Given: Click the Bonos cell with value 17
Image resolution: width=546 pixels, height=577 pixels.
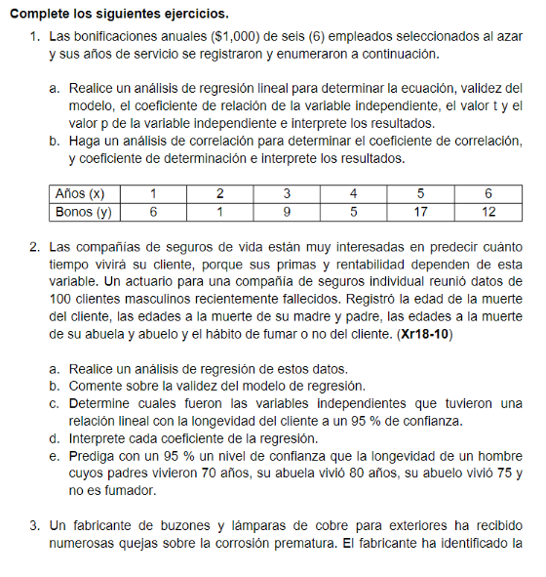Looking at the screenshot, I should [x=420, y=211].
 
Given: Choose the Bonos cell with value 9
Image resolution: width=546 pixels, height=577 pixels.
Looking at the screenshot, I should [x=287, y=211].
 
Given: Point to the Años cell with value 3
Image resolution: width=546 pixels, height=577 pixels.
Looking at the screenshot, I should [x=287, y=193].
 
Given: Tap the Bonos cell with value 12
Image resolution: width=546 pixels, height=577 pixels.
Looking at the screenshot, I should [x=488, y=211].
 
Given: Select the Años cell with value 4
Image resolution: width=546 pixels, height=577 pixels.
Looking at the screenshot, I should [x=353, y=193].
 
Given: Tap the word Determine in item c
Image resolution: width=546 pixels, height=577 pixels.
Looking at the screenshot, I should [x=103, y=403].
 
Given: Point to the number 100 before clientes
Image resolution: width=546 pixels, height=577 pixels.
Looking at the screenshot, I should [x=60, y=299].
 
